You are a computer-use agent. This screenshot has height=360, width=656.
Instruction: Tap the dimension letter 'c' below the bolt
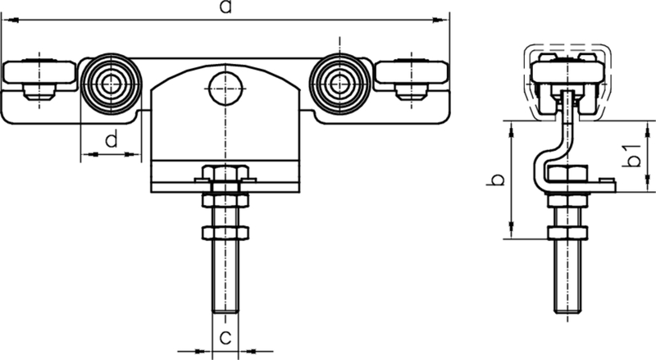point(223,335)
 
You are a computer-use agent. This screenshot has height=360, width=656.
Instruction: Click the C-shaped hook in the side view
point(546,156)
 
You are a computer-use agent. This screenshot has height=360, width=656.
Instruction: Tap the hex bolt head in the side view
point(566,174)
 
